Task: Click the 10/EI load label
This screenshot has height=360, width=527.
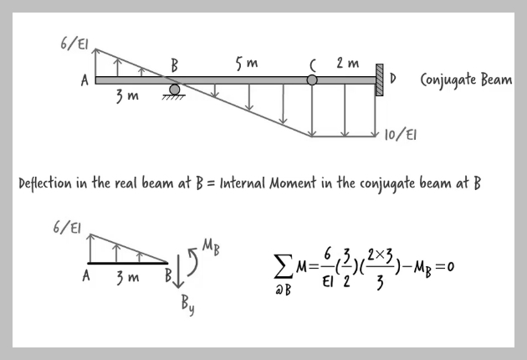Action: [402, 133]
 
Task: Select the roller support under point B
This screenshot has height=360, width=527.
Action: [174, 91]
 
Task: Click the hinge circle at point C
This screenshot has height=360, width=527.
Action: [312, 80]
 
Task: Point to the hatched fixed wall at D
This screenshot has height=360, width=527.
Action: [379, 80]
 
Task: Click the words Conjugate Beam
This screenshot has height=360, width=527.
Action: [466, 80]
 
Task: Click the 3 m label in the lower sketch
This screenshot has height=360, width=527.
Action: [128, 276]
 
